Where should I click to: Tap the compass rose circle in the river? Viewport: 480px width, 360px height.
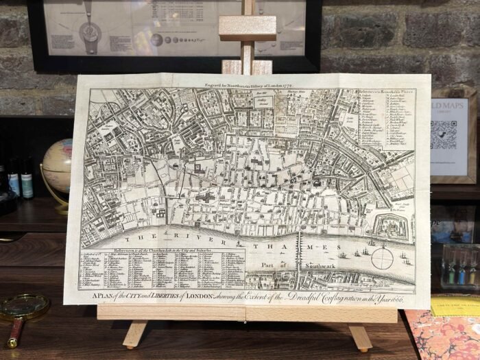[383, 259]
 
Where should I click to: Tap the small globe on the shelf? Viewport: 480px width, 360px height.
[57, 166]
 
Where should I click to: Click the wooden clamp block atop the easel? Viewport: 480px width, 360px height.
[247, 28]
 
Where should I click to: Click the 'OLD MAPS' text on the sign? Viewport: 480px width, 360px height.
[449, 109]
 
